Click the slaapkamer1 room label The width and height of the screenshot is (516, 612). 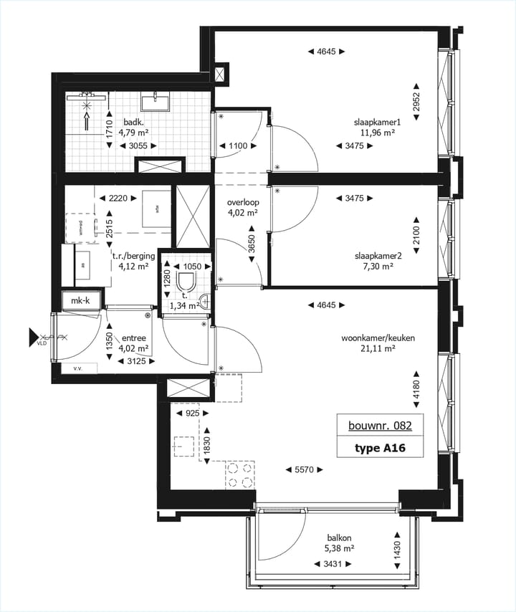click(x=376, y=121)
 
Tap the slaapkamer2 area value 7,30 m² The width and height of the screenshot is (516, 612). click(x=377, y=266)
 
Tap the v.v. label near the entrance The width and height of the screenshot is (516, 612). click(x=77, y=369)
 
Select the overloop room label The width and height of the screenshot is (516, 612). click(x=243, y=202)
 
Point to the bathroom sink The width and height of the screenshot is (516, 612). click(x=153, y=102)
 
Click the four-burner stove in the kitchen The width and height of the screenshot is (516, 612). click(x=240, y=474)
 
